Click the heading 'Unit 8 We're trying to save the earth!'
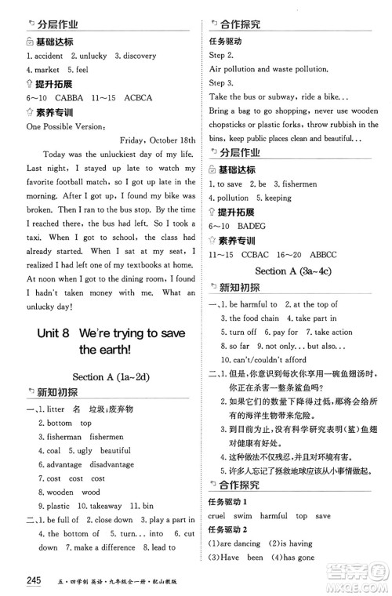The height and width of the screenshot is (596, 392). (x=110, y=341)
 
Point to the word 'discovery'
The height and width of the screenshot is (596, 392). (x=140, y=56)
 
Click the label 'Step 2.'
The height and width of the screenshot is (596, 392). (x=221, y=56)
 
